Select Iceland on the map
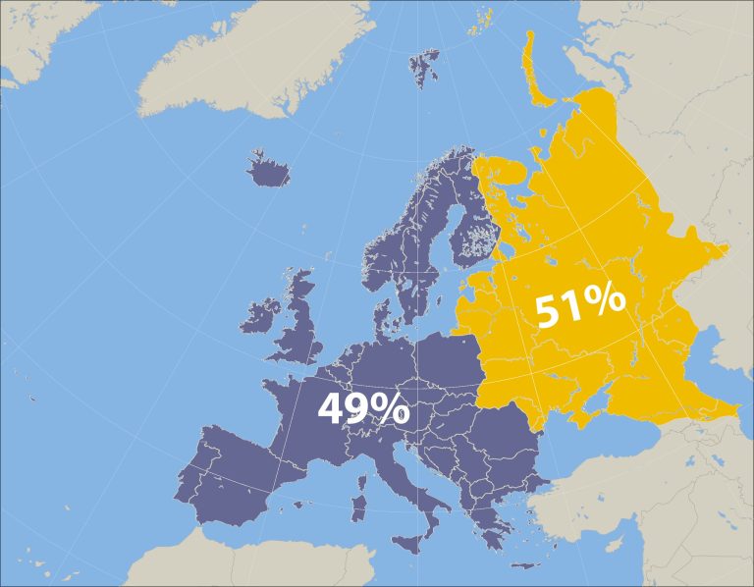tap(268, 173)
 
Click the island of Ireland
tap(261, 316)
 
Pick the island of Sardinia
tap(358, 508)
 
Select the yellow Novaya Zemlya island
tap(535, 69)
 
